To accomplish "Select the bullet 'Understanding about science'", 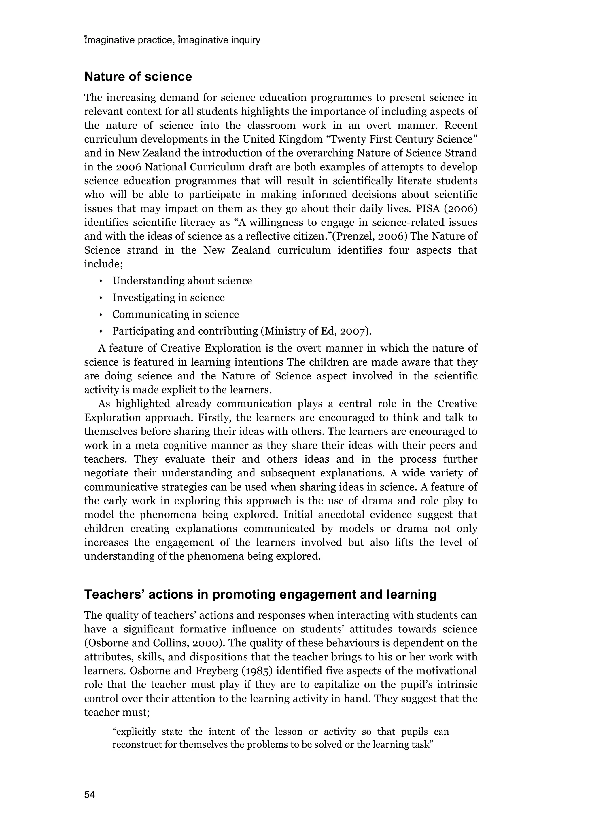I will click(x=182, y=280).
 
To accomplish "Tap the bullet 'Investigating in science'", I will click(x=168, y=297).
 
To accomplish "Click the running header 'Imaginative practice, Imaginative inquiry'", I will click(x=172, y=40).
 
